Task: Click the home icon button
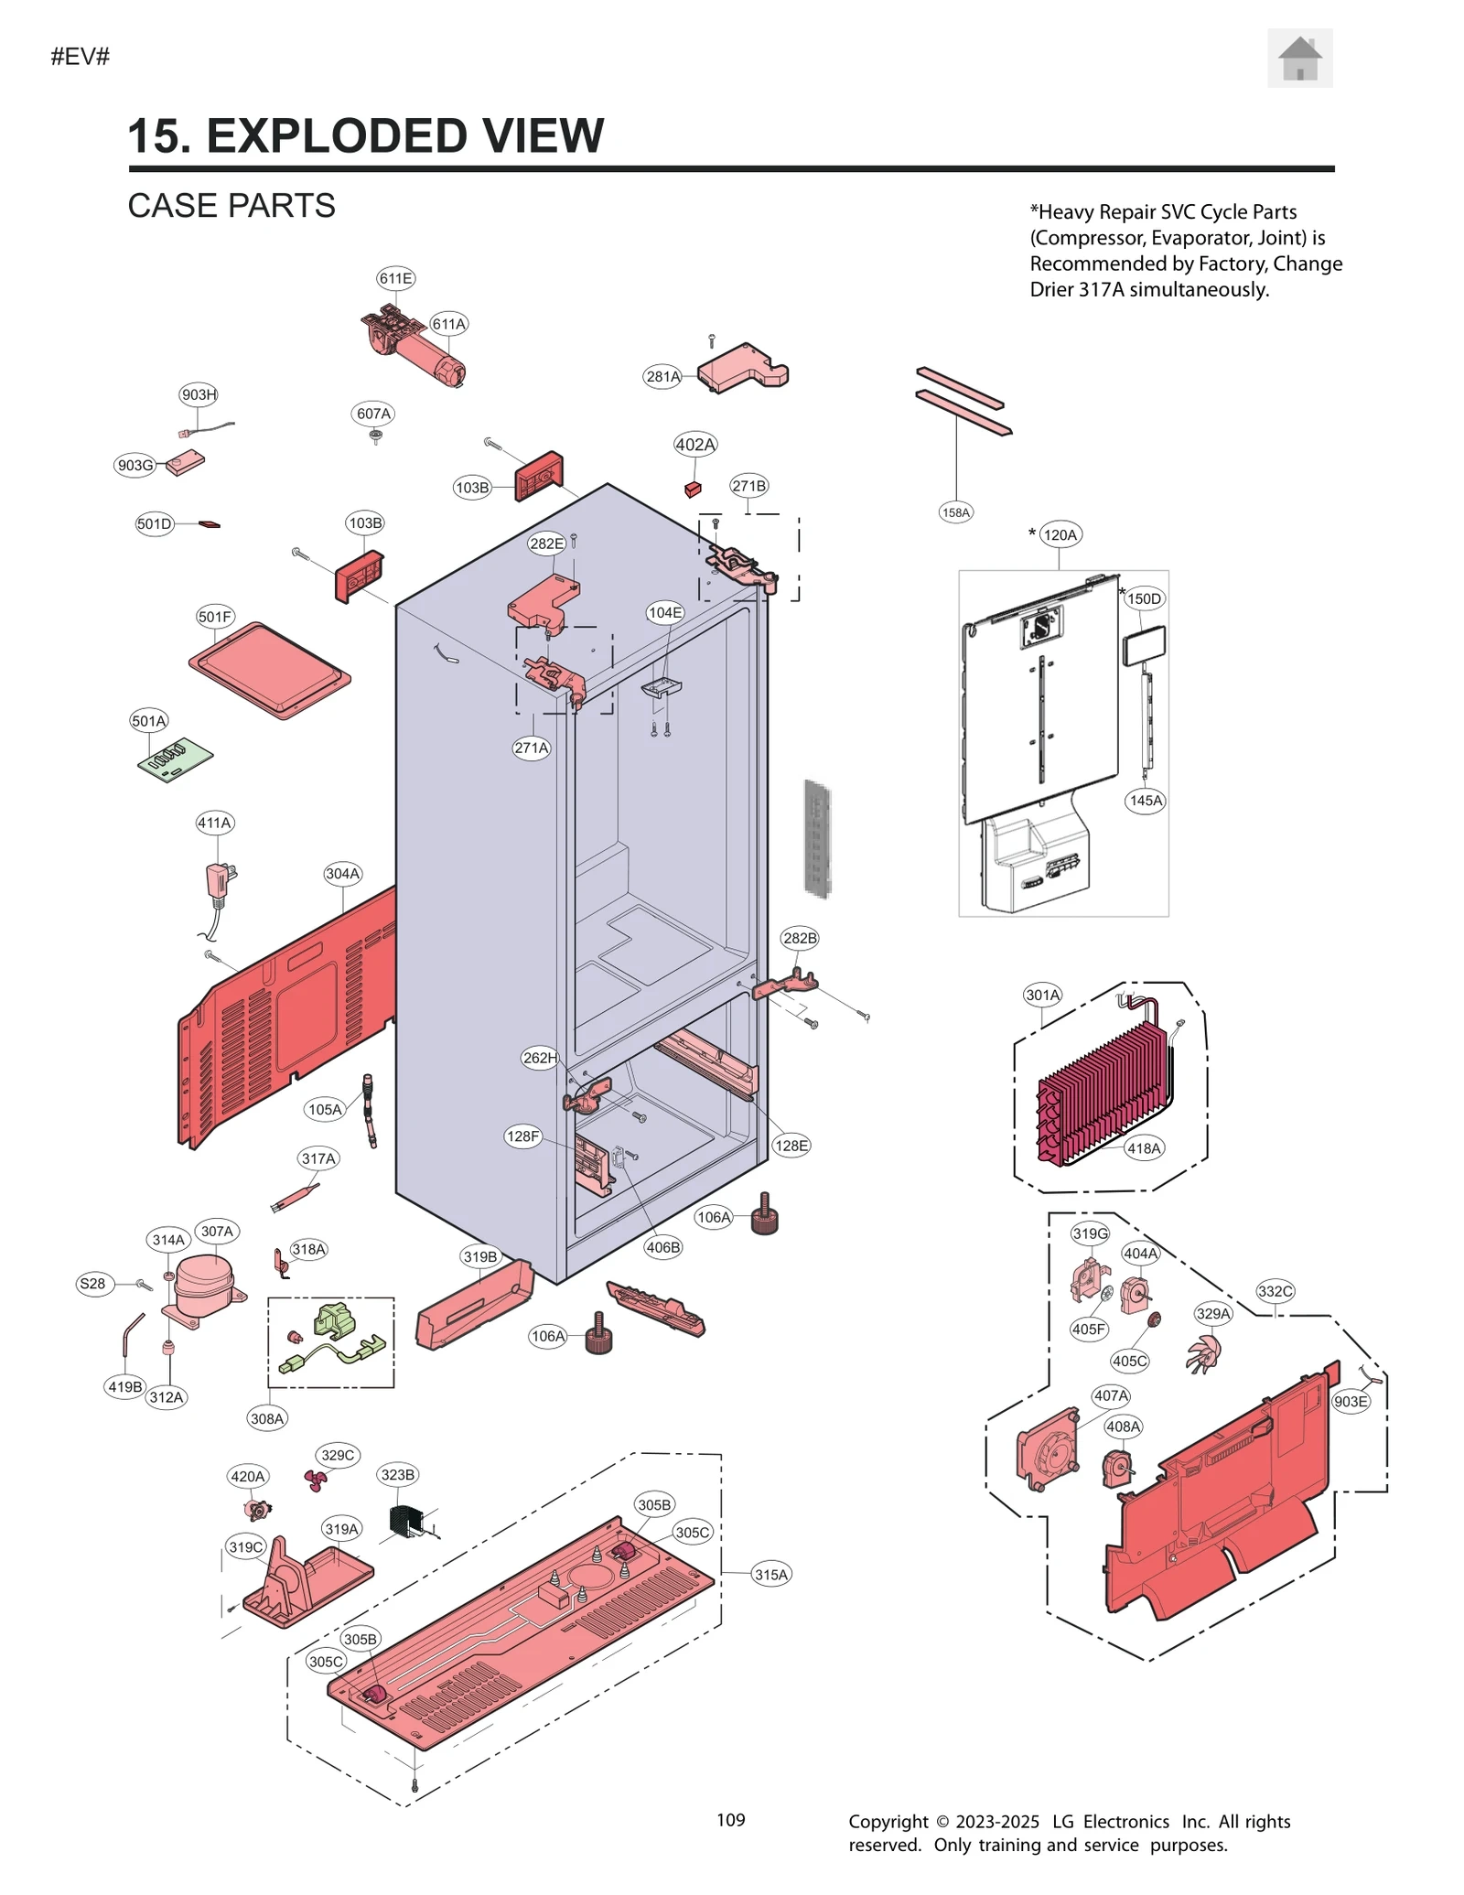(1298, 59)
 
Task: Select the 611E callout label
(395, 278)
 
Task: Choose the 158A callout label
(955, 512)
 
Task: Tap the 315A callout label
(770, 1574)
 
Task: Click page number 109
(730, 1820)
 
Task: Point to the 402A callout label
(694, 445)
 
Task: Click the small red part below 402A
(693, 489)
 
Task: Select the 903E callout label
(1351, 1402)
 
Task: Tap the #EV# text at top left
(81, 57)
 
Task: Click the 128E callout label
(791, 1145)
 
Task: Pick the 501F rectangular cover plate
(270, 671)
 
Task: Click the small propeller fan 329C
(316, 1480)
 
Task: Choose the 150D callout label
(1143, 598)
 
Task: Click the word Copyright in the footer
(888, 1821)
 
